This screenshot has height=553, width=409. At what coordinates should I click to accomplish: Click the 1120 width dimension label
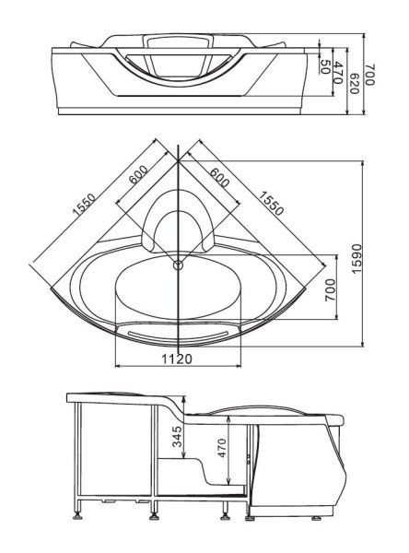[177, 359]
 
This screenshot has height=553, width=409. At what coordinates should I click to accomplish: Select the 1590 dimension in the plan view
[356, 258]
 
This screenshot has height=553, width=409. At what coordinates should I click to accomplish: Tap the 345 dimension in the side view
[179, 437]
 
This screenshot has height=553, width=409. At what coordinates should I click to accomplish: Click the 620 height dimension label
[354, 84]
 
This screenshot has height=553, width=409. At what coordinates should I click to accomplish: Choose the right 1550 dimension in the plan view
[271, 203]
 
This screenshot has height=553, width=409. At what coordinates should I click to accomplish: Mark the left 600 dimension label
[138, 174]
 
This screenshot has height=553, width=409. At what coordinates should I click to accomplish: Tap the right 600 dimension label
[219, 177]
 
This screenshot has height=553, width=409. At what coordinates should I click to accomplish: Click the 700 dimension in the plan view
[330, 289]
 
